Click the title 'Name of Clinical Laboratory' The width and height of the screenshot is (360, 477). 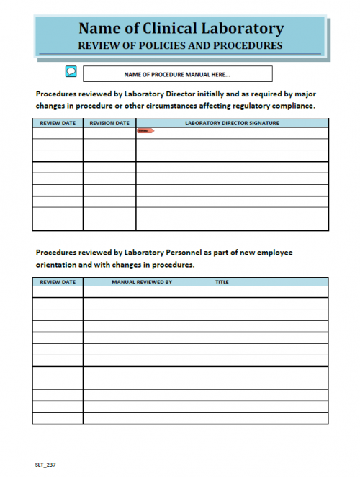(180, 29)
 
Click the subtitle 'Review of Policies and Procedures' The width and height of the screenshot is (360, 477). (180, 45)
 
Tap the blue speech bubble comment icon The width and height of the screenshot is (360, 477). (71, 71)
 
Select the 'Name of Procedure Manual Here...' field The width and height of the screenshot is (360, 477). (177, 74)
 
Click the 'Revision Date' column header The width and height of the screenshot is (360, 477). (109, 123)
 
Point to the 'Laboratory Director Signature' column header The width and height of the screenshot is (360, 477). (232, 123)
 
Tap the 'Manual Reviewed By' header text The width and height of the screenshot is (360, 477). (142, 282)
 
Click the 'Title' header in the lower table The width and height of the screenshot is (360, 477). (222, 282)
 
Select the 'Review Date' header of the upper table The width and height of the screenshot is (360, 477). (58, 123)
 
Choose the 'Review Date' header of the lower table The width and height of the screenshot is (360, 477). (58, 282)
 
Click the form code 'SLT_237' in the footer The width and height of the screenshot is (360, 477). (45, 465)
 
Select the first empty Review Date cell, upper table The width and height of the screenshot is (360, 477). (58, 132)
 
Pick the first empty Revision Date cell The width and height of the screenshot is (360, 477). (109, 132)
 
